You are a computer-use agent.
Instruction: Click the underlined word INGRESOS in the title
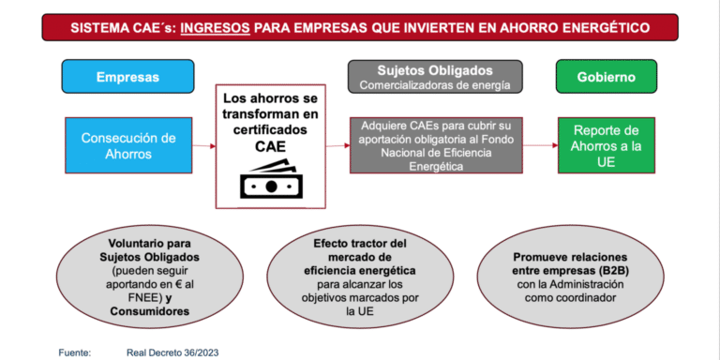pos(215,26)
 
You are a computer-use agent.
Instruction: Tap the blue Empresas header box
pos(127,78)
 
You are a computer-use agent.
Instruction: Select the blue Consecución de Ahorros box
pos(127,146)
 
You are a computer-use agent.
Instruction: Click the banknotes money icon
pos(271,181)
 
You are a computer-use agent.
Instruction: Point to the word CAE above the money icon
pos(271,147)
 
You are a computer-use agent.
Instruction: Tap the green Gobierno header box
pos(606,78)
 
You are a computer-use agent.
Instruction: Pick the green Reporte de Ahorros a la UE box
pos(606,144)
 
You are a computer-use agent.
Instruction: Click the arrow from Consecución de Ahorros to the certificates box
pos(203,146)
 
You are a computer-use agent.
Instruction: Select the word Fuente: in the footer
pos(74,352)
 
